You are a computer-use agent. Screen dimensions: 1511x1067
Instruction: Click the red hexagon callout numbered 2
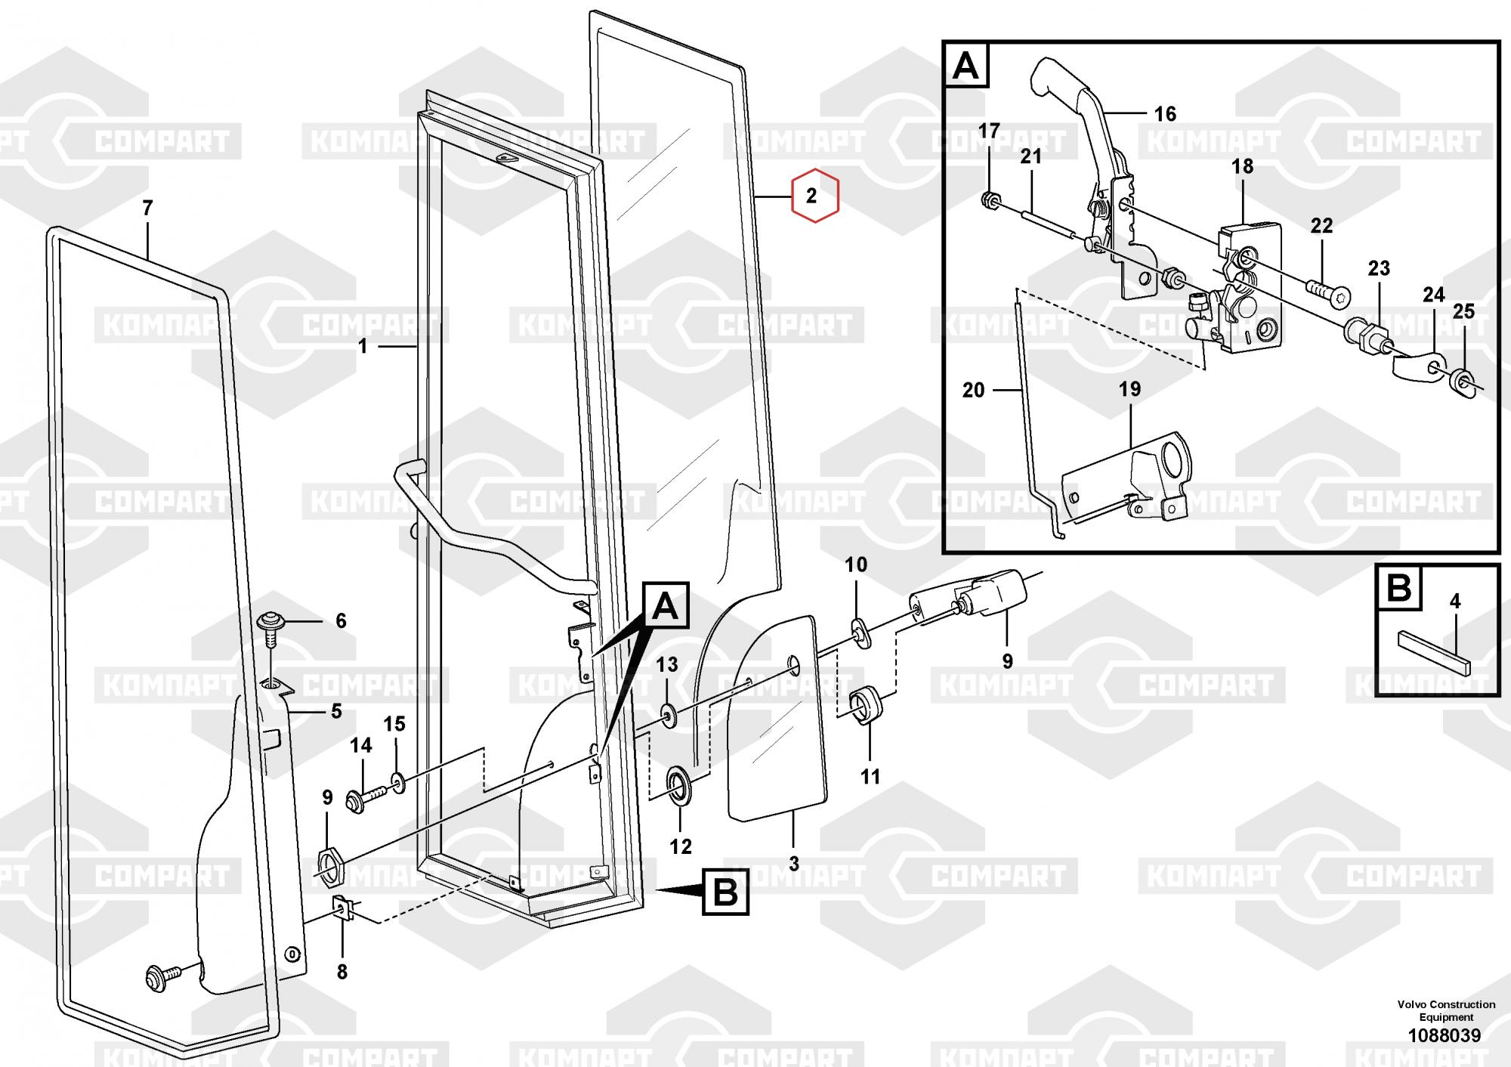(814, 196)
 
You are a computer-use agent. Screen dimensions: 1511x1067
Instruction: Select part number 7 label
(147, 207)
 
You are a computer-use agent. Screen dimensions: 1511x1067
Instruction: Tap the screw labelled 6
(271, 627)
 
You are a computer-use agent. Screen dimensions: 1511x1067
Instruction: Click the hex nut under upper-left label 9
(330, 866)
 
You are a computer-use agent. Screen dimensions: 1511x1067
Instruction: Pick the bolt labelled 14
(366, 796)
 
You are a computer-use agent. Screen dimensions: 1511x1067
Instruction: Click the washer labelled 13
(668, 714)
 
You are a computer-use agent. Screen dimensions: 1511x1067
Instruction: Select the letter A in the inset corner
(966, 66)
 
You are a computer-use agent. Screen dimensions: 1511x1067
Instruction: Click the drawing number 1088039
(1444, 1035)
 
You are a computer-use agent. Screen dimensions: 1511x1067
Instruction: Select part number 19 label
(1129, 389)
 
